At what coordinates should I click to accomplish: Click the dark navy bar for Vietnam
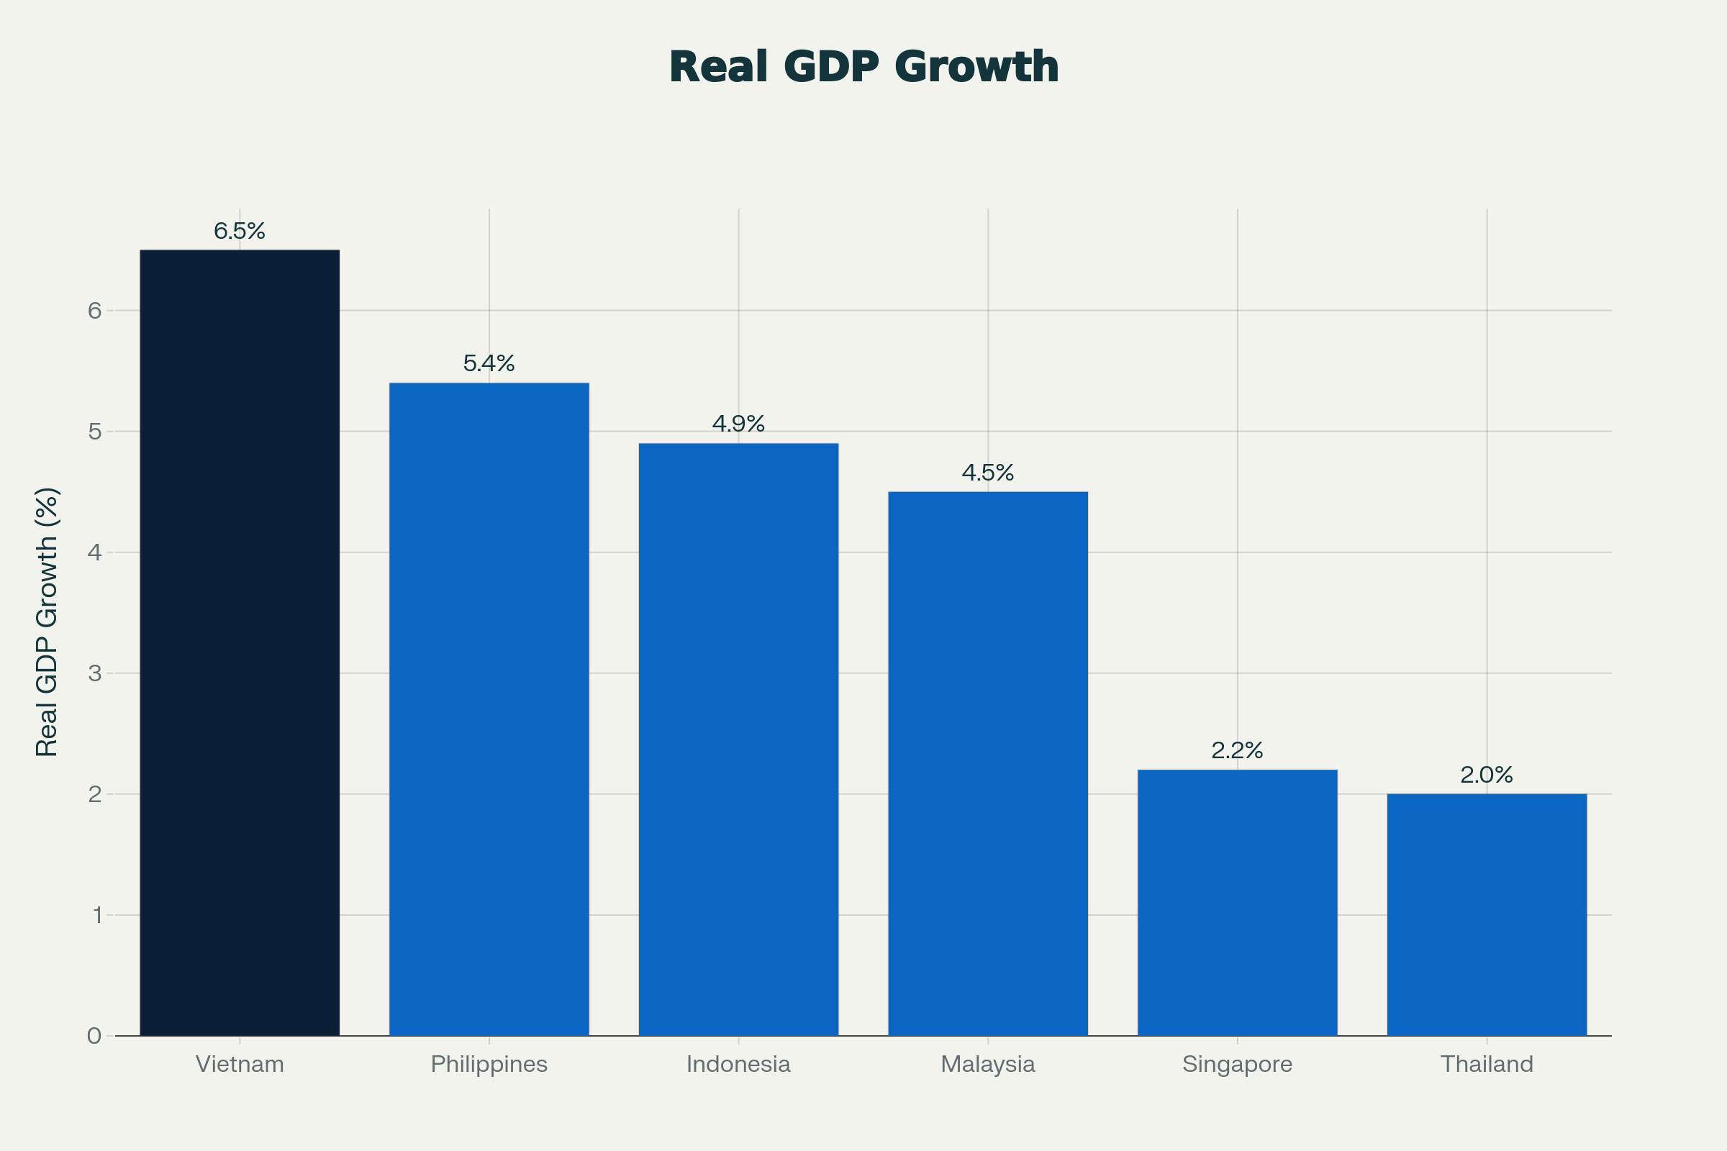click(240, 642)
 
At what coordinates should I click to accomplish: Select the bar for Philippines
click(489, 709)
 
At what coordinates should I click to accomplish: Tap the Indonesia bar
click(738, 740)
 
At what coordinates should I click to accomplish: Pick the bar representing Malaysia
click(987, 763)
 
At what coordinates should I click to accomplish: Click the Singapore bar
click(1237, 903)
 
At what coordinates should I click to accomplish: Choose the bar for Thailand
click(1487, 914)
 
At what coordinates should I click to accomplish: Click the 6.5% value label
click(240, 231)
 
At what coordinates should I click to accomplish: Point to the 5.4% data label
click(489, 363)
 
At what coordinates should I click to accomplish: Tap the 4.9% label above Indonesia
click(738, 424)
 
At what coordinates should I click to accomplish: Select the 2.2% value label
click(1237, 750)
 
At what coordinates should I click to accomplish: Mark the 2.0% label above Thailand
click(1487, 775)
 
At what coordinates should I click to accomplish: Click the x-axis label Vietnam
click(240, 1065)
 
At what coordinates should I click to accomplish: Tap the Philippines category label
click(489, 1065)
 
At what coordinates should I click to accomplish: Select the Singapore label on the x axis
click(1237, 1065)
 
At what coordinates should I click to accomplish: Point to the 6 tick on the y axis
click(95, 311)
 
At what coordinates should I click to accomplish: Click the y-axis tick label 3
click(95, 673)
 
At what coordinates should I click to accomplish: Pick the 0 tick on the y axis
click(95, 1036)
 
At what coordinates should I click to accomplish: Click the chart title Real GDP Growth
click(863, 67)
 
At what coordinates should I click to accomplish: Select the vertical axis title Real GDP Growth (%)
click(47, 621)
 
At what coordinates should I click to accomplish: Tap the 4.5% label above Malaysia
click(987, 473)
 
